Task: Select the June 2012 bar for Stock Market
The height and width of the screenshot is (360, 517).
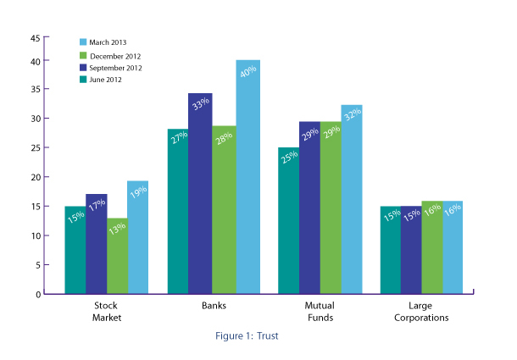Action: click(75, 254)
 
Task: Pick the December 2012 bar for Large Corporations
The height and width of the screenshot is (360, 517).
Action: click(431, 250)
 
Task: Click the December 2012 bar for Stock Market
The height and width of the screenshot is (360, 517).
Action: click(118, 258)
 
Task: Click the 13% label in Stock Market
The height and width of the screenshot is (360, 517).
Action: click(118, 231)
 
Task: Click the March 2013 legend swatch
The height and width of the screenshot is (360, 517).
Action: click(83, 42)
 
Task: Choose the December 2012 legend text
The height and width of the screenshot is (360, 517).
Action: click(115, 55)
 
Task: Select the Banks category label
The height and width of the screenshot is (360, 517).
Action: click(214, 307)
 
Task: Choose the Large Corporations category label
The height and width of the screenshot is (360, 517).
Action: click(421, 312)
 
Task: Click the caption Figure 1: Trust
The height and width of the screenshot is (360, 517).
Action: click(246, 335)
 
